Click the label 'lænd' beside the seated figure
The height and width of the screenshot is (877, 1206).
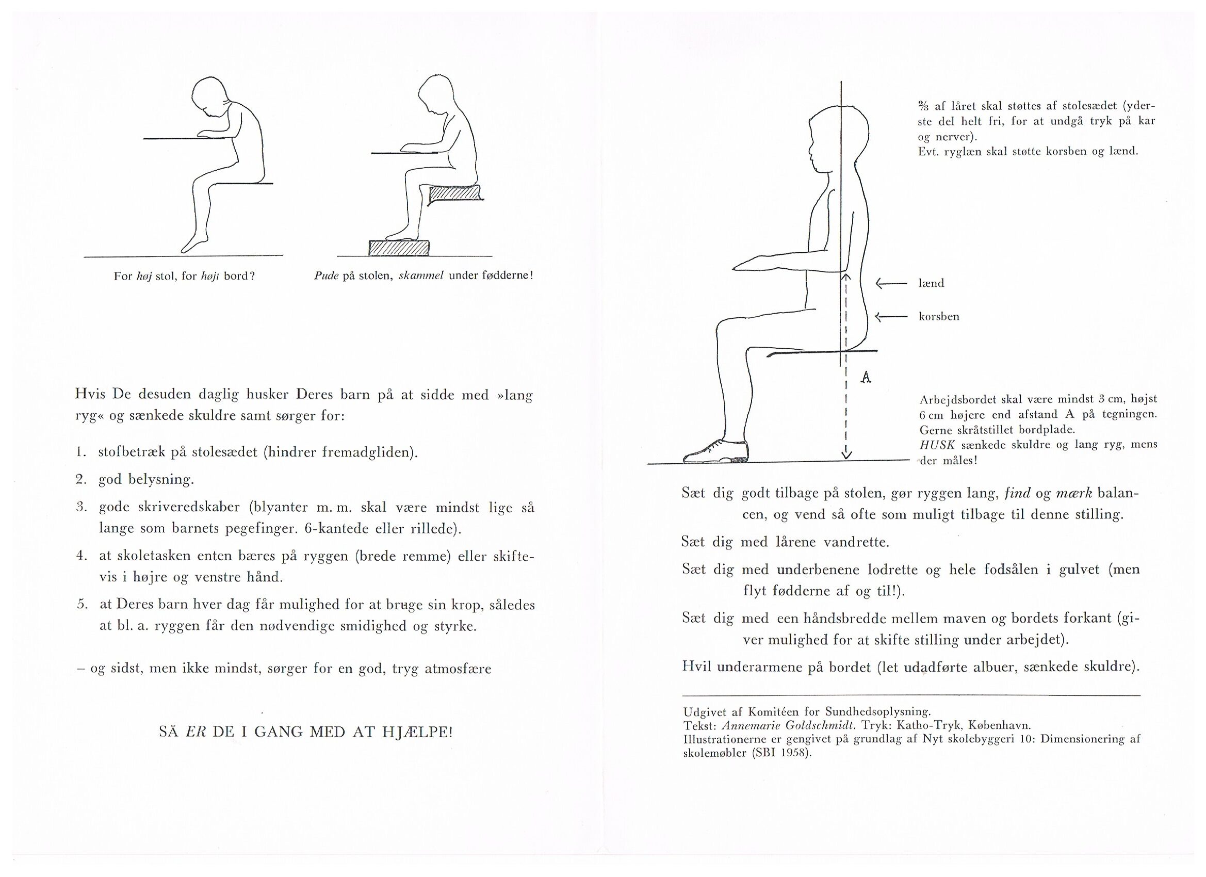tap(931, 283)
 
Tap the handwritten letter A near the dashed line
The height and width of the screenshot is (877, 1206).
tap(866, 378)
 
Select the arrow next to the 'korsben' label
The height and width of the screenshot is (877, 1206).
tap(891, 317)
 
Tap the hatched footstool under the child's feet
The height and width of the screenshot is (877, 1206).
tap(399, 247)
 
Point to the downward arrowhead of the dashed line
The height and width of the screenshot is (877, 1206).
tap(846, 453)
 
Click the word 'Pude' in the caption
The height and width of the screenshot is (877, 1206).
tap(327, 276)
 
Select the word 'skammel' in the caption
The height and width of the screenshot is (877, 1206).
tap(421, 276)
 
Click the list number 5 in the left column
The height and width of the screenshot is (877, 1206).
tap(81, 604)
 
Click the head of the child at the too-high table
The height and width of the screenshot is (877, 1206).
tap(210, 98)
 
